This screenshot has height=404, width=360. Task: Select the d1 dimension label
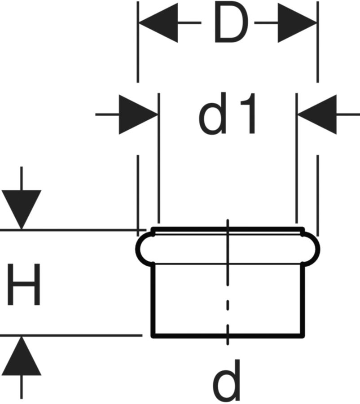pos(228,114)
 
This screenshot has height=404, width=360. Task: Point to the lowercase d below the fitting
pos(227,381)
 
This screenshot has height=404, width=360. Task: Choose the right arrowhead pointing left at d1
pos(317,114)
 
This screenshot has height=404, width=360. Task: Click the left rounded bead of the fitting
pos(143,248)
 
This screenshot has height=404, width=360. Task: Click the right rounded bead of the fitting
pos(313,248)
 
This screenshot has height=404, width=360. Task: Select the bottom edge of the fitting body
pos(189,335)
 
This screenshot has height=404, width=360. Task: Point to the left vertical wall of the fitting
pos(153,299)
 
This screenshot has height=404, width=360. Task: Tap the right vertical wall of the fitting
pos(303,299)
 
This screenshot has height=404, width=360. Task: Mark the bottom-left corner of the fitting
pos(153,335)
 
